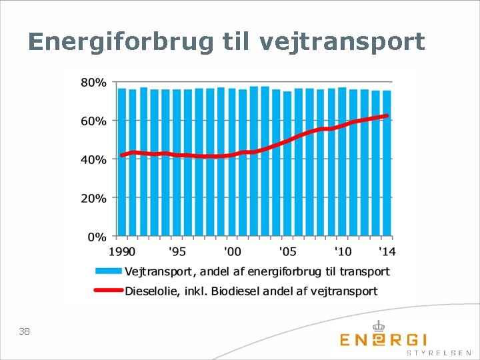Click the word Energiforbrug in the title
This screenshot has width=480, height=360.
[121, 42]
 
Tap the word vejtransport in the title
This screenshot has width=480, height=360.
[342, 42]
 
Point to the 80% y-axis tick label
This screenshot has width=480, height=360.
[94, 83]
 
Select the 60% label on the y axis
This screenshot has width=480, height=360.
[94, 121]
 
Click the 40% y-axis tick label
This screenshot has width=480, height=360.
[94, 160]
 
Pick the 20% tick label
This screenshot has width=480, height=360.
[94, 199]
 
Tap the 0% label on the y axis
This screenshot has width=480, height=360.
[97, 237]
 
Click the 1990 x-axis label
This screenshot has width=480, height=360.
[122, 252]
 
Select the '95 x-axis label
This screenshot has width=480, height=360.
[177, 252]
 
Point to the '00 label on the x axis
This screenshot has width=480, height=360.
[233, 252]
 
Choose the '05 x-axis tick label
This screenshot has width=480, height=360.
[288, 252]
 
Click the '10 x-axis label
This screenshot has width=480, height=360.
[343, 252]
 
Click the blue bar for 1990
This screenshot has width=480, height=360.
[122, 162]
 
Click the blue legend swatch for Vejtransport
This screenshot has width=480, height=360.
[109, 271]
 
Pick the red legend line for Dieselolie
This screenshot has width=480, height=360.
[109, 290]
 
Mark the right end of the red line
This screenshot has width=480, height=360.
[387, 116]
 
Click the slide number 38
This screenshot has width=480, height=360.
[24, 331]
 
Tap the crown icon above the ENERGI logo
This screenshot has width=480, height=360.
[379, 326]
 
